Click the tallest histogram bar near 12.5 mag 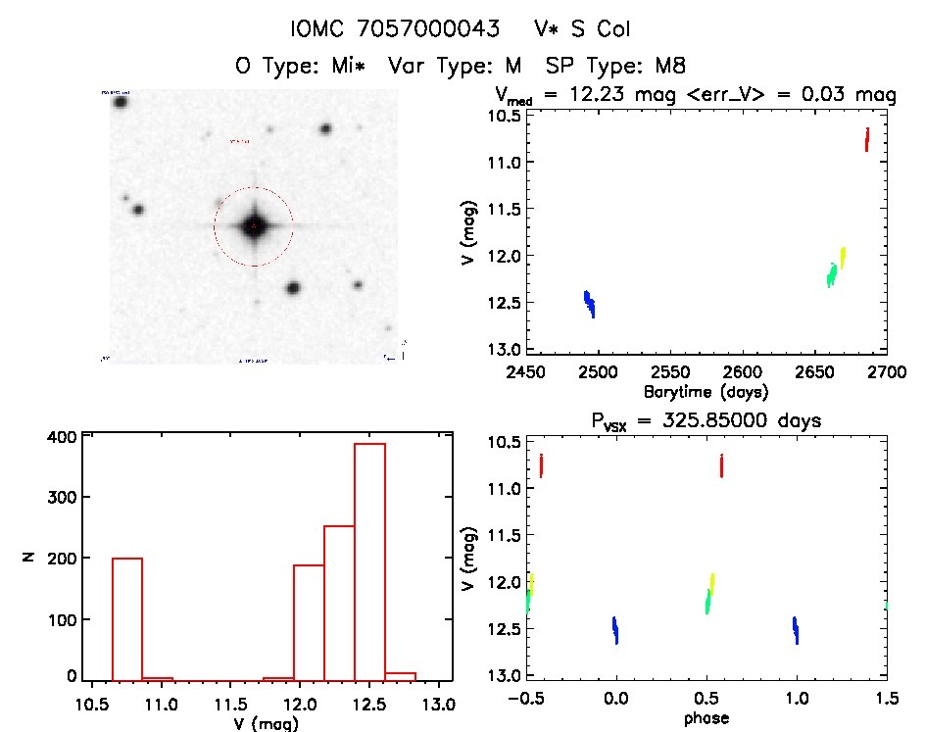[x=369, y=559]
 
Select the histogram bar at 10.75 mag [x=127, y=617]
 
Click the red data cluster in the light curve [x=867, y=140]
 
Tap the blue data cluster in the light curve [x=589, y=304]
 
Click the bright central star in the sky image [x=254, y=226]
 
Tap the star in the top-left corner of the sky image [x=121, y=102]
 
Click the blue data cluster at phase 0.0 [x=615, y=630]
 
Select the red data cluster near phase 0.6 [x=721, y=464]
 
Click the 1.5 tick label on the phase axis [x=887, y=699]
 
